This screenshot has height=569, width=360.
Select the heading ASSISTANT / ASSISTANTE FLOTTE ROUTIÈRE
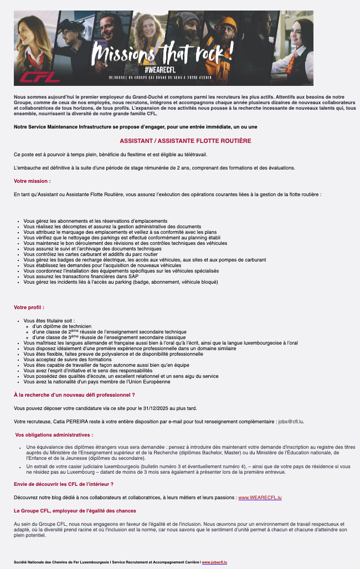(186, 141)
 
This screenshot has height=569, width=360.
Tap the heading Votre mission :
(32, 181)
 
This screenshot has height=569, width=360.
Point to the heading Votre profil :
(29, 307)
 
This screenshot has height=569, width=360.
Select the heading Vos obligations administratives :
(54, 435)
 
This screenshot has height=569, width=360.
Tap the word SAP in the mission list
(133, 276)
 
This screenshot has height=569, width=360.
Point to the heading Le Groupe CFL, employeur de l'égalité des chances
(75, 510)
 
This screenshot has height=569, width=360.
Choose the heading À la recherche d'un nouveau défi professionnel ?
(74, 395)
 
